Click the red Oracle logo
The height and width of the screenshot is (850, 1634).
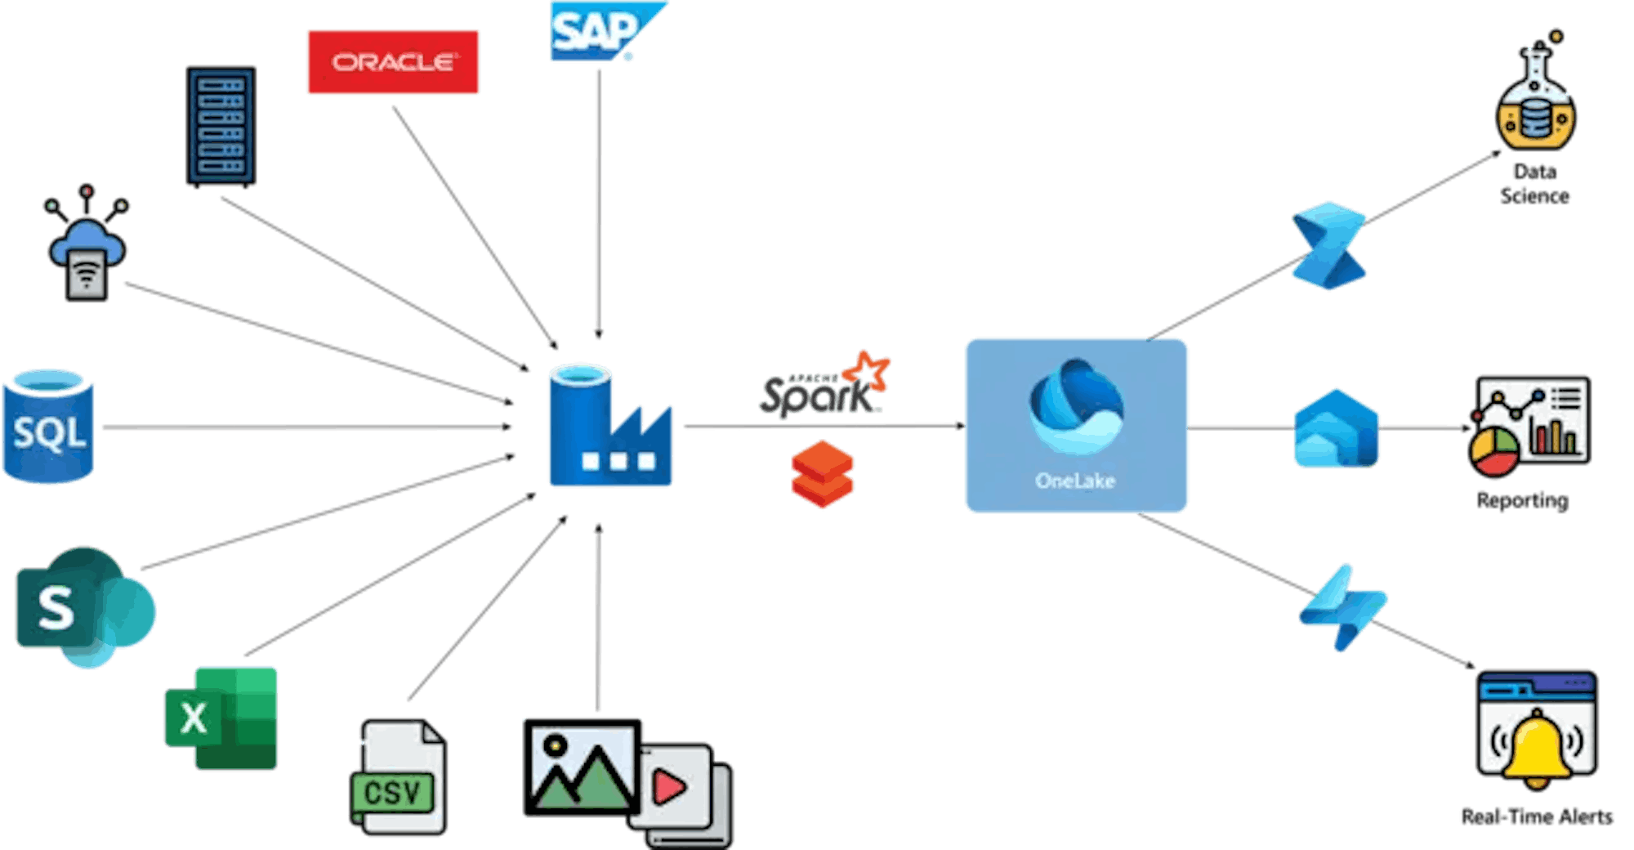pos(393,62)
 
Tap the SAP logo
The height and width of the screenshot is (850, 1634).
pos(600,31)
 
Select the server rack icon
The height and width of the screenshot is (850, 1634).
pos(221,127)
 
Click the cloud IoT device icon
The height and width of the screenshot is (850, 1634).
pos(87,244)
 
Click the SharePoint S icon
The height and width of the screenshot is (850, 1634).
pos(82,606)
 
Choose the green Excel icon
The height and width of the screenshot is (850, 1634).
pos(221,718)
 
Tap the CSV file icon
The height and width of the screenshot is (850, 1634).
pos(398,777)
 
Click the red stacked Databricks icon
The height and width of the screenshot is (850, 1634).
pos(822,473)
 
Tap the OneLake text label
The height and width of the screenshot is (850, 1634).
pos(1075,481)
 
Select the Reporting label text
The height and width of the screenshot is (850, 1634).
pos(1522,500)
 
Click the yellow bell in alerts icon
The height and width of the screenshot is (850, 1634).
pos(1536,749)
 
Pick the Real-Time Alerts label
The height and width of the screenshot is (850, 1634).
pos(1537,816)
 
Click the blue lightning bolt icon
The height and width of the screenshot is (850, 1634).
pos(1342,607)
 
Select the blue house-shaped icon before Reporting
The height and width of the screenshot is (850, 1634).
pos(1336,428)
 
